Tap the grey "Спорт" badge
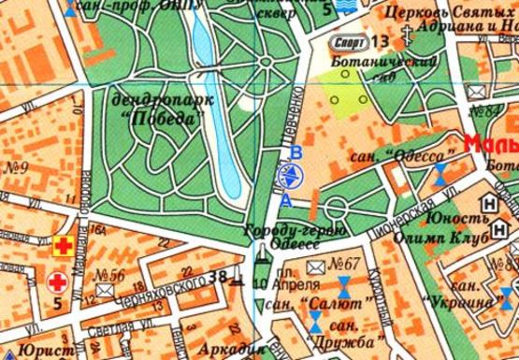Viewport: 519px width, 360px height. click(348, 42)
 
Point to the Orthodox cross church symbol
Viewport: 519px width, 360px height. click(408, 41)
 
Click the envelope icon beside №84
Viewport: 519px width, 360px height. click(479, 94)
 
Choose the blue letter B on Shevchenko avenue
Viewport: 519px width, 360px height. click(296, 152)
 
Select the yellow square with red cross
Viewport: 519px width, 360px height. click(64, 247)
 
